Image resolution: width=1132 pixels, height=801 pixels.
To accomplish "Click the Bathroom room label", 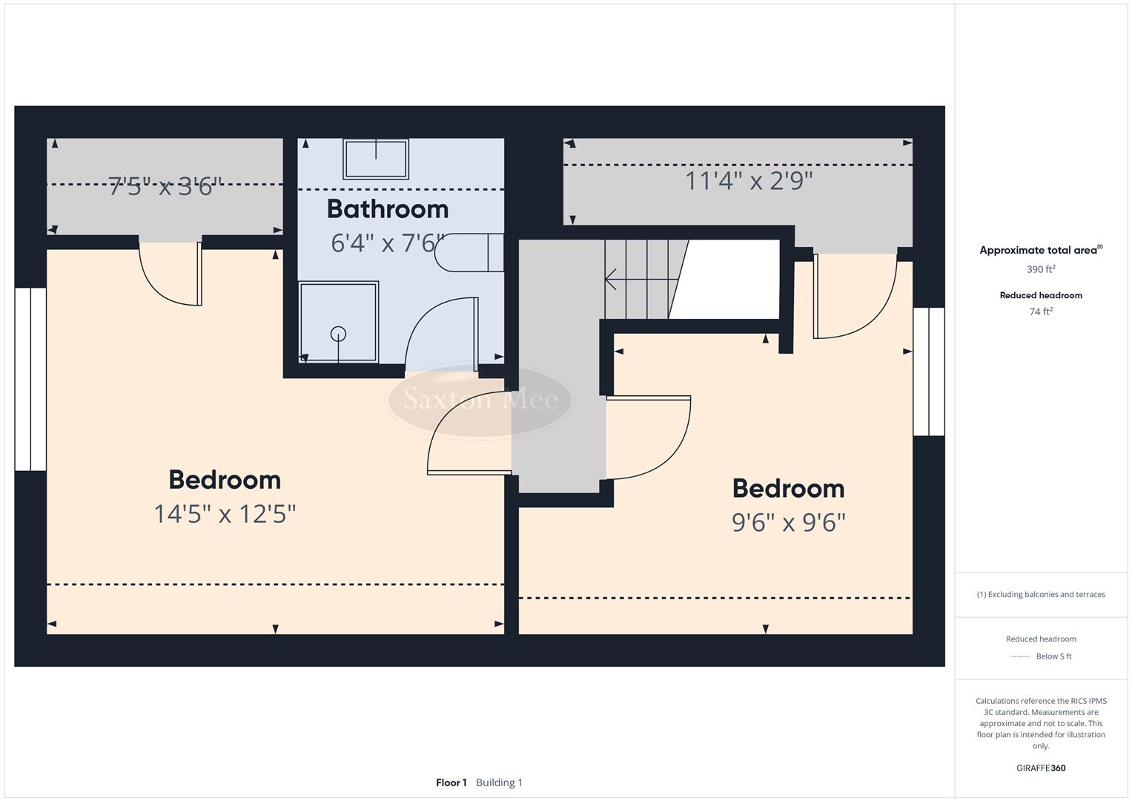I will pyautogui.click(x=387, y=209).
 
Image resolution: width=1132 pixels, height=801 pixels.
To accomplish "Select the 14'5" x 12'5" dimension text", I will pyautogui.click(x=225, y=514).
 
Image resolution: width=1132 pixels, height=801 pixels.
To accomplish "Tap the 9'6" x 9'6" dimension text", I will pyautogui.click(x=788, y=523).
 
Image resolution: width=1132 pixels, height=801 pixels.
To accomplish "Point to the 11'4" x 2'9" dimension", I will pyautogui.click(x=748, y=181).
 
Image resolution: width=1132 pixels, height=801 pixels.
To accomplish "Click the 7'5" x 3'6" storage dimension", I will pyautogui.click(x=165, y=186).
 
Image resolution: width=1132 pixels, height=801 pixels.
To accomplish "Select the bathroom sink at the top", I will pyautogui.click(x=375, y=159).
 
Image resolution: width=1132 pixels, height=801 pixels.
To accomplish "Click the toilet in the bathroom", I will pyautogui.click(x=469, y=253).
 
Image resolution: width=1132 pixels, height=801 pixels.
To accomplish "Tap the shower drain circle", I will pyautogui.click(x=338, y=334).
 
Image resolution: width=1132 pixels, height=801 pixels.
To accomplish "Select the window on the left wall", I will pyautogui.click(x=30, y=379).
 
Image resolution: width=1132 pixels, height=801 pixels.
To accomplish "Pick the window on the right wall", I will pyautogui.click(x=928, y=372).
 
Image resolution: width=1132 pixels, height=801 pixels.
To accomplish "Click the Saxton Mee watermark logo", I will pyautogui.click(x=480, y=400).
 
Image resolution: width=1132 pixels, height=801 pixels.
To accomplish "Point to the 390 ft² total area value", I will pyautogui.click(x=1041, y=269).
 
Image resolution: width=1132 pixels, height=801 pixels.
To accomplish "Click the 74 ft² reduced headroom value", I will pyautogui.click(x=1041, y=311).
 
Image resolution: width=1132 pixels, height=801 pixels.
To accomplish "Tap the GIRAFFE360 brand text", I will pyautogui.click(x=1041, y=768).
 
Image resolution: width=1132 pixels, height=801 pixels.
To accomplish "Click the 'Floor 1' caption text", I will pyautogui.click(x=451, y=782).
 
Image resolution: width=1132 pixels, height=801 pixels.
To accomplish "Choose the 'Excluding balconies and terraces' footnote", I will pyautogui.click(x=1041, y=594).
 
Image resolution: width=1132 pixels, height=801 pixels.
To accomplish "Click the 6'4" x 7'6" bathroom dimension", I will pyautogui.click(x=387, y=243).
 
